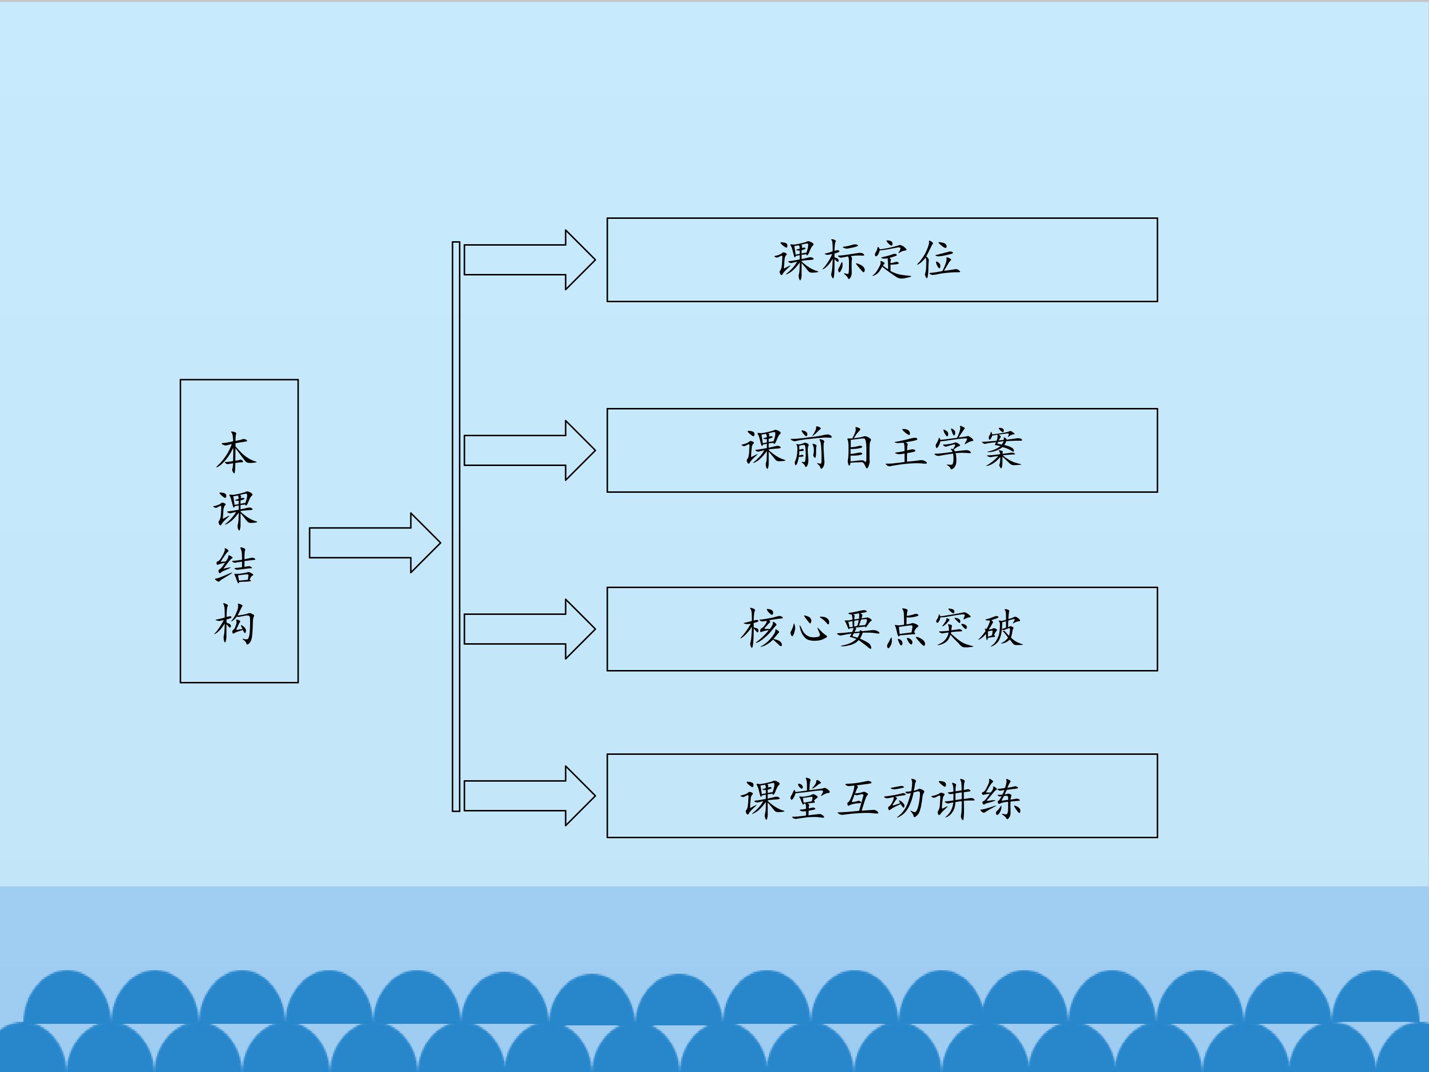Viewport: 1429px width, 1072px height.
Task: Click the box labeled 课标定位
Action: (x=882, y=260)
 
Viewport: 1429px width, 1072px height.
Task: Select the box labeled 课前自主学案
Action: (x=882, y=450)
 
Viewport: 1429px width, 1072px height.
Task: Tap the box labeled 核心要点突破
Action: (x=882, y=629)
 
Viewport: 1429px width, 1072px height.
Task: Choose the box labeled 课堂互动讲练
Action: (x=882, y=796)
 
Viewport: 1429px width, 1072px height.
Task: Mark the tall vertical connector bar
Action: (x=456, y=527)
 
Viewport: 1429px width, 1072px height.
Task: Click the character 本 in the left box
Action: (x=236, y=452)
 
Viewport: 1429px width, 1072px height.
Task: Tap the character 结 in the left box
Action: (x=236, y=566)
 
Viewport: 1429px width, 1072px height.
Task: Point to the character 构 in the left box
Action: (x=236, y=623)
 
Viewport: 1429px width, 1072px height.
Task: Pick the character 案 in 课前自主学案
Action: (x=1003, y=449)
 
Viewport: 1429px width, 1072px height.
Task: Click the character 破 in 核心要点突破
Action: (x=1001, y=629)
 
